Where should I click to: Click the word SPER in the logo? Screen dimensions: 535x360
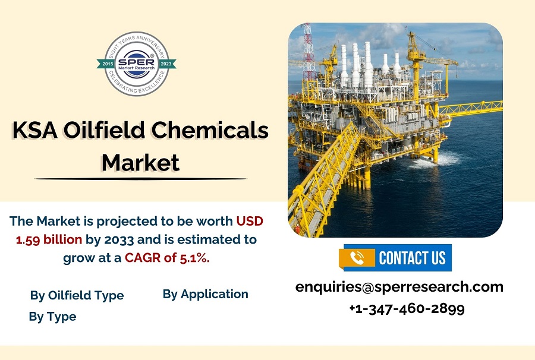[x=136, y=61]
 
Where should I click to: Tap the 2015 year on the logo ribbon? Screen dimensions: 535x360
[x=108, y=64]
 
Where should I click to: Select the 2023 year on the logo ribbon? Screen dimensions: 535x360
[x=166, y=64]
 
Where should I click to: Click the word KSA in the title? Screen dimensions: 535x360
[x=35, y=130]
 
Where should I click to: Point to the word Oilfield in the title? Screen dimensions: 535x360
[x=105, y=130]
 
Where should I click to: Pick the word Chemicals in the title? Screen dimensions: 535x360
[x=210, y=130]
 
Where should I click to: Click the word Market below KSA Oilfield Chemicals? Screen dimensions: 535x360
[x=140, y=162]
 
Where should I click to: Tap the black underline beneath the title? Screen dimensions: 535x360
[x=140, y=178]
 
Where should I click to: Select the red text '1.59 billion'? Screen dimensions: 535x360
[x=49, y=239]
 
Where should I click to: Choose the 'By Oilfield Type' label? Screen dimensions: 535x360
[x=77, y=295]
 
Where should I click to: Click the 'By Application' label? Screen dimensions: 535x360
[x=206, y=294]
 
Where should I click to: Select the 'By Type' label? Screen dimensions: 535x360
[x=52, y=317]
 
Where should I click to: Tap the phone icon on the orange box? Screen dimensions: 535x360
[x=357, y=258]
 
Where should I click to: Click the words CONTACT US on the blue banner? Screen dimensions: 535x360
[x=412, y=258]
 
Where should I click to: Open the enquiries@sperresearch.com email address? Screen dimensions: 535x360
[x=399, y=287]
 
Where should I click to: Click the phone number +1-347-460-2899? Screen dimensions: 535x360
[x=407, y=308]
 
